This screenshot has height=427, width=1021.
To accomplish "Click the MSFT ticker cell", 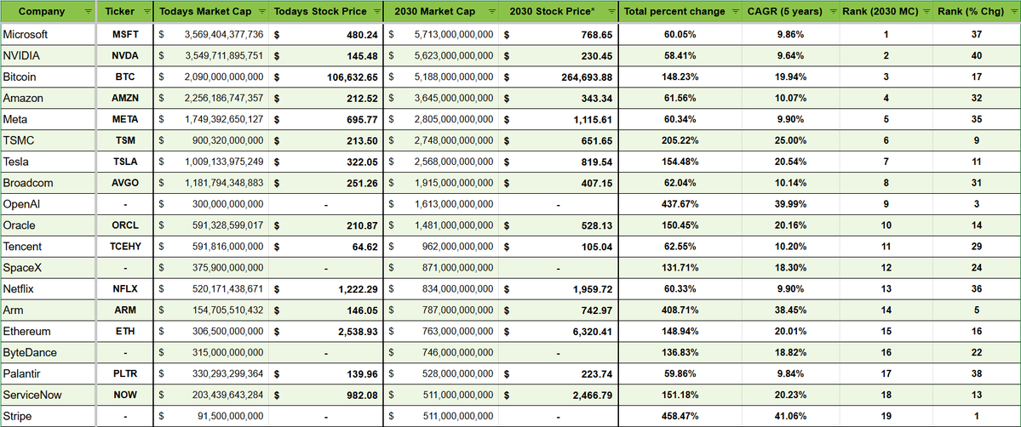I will (125, 35).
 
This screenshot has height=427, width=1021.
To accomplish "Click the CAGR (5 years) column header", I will (784, 12).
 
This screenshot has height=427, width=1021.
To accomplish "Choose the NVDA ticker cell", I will (125, 56).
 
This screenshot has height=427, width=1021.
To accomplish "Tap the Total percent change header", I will (674, 12).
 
